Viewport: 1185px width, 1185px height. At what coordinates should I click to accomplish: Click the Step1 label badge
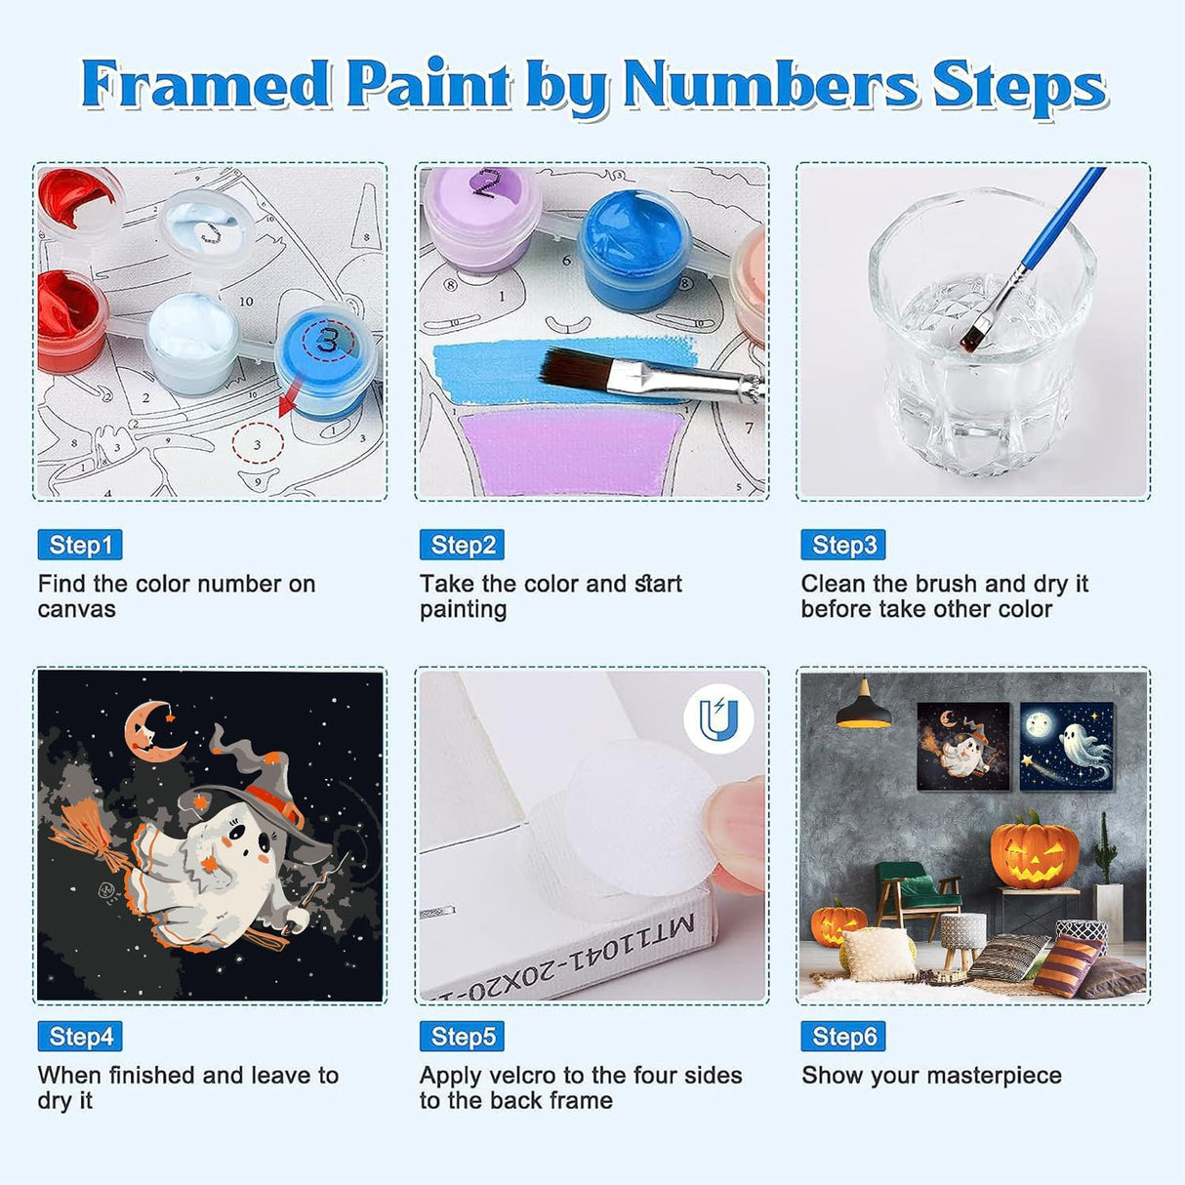point(80,545)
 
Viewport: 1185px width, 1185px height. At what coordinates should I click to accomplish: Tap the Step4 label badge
point(80,1037)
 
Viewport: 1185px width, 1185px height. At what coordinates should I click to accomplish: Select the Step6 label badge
point(843,1037)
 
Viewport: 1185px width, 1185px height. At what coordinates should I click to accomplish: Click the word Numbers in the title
point(770,85)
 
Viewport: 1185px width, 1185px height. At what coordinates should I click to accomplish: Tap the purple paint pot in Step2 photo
point(480,217)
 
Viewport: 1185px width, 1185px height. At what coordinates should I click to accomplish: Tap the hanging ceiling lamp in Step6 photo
point(863,707)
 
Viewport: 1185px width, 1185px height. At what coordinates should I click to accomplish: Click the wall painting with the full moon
point(1066,746)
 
